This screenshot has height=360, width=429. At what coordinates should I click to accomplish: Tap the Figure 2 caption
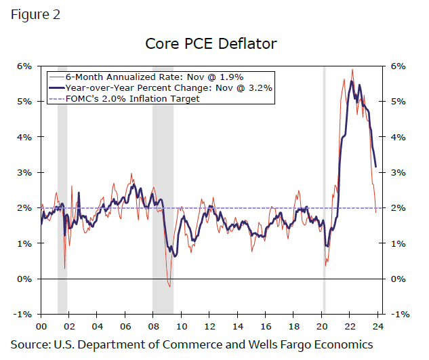coord(35,14)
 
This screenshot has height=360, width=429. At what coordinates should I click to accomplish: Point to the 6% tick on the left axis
coord(25,66)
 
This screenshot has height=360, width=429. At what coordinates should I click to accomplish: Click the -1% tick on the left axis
coord(24,314)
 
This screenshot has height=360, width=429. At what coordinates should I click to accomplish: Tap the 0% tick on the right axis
coord(399,279)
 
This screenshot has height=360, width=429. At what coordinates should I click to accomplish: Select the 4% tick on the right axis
coord(399,137)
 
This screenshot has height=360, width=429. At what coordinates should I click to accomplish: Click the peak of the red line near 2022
coord(352,69)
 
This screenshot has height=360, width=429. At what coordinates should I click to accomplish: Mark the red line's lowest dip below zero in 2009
coord(169,287)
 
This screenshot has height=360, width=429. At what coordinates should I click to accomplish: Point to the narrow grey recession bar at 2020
coord(324,190)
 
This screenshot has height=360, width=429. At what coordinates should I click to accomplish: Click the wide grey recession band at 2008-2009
coord(163,190)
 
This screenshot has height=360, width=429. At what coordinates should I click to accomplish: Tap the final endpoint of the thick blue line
coord(375,166)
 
